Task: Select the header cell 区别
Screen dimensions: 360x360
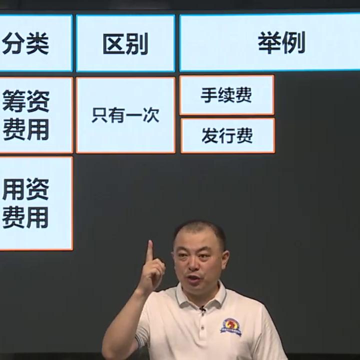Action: pyautogui.click(x=125, y=44)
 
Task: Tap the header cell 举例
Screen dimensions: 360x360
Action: pyautogui.click(x=270, y=44)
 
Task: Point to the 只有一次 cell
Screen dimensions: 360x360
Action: pyautogui.click(x=125, y=115)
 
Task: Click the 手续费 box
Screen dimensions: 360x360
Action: pyautogui.click(x=226, y=95)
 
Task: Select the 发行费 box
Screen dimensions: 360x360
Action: pyautogui.click(x=227, y=135)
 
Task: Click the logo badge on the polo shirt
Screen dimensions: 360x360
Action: pyautogui.click(x=231, y=327)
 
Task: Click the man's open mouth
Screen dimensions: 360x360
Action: pyautogui.click(x=194, y=277)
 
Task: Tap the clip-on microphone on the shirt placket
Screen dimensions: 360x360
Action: pyautogui.click(x=202, y=308)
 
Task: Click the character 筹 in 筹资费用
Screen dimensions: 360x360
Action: pyautogui.click(x=13, y=101)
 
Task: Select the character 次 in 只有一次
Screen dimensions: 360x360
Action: pyautogui.click(x=150, y=115)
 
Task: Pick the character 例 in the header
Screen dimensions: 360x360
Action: pyautogui.click(x=293, y=44)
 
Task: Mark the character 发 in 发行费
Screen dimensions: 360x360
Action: pyautogui.click(x=210, y=135)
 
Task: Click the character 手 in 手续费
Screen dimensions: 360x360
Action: pyautogui.click(x=209, y=95)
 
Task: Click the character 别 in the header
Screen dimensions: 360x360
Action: pyautogui.click(x=138, y=44)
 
